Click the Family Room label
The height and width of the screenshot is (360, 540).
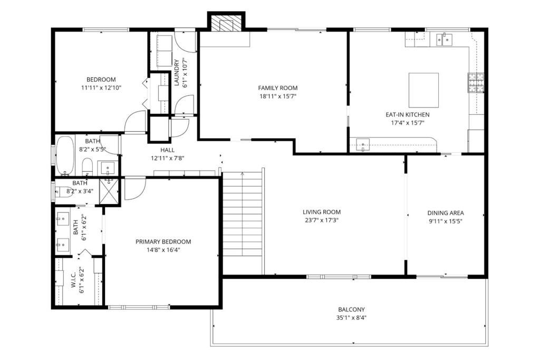pos(277,88)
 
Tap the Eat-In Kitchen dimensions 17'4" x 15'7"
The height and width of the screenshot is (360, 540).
pos(407,123)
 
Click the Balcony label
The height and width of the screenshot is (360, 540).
pos(351,309)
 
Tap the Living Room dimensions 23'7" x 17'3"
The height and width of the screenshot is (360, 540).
pos(321,220)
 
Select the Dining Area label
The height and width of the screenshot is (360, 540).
pos(445,213)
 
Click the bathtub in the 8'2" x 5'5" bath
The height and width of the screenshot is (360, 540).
pos(66,155)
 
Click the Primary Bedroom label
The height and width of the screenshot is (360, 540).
pos(163,242)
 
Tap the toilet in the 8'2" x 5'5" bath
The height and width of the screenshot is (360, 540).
pos(88,167)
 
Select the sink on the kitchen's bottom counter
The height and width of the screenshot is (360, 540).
pos(363,144)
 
